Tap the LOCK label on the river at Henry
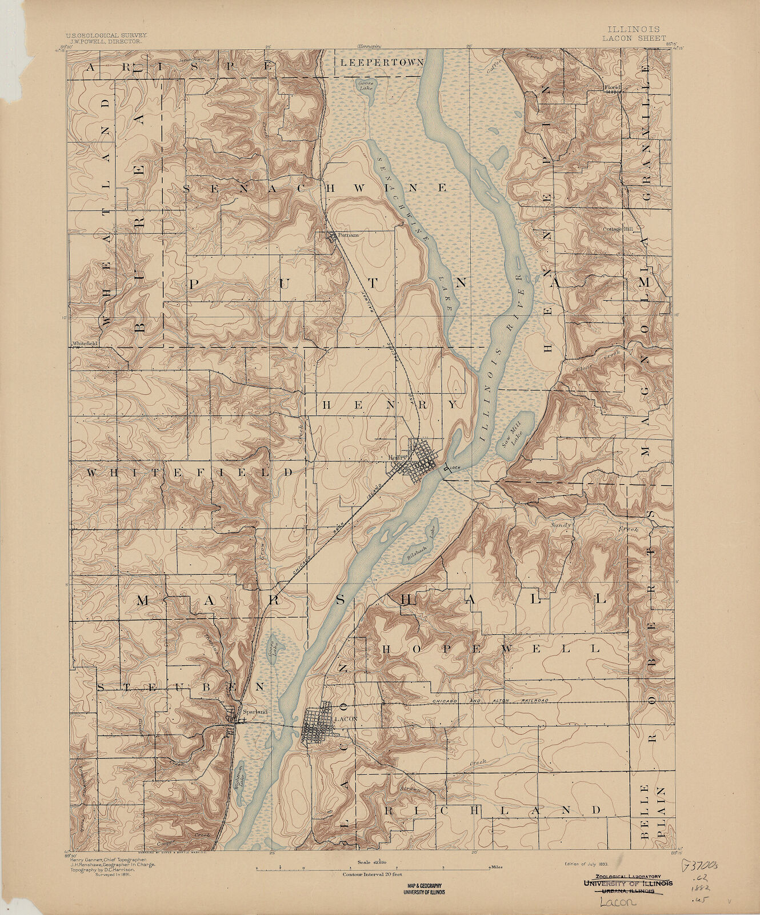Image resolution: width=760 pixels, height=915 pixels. click(x=455, y=468)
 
